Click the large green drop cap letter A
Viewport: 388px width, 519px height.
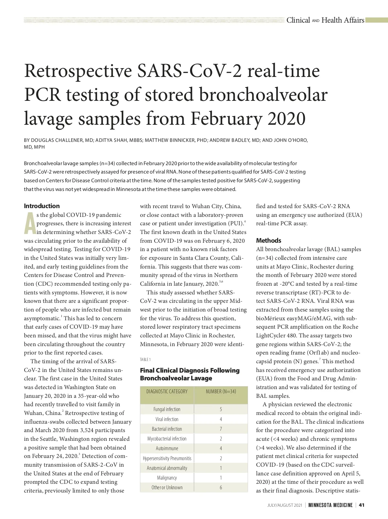pos(30,223)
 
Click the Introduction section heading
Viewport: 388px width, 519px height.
pos(42,206)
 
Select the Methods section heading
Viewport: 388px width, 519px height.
pos(268,240)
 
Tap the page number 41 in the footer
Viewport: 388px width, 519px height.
pos(362,505)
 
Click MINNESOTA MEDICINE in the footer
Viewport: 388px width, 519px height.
pos(330,505)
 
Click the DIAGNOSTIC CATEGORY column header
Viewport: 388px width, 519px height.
pos(167,391)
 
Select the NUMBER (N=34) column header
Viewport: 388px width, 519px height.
pos(221,391)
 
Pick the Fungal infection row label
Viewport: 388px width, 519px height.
pos(167,409)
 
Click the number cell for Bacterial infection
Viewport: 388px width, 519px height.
pos(221,429)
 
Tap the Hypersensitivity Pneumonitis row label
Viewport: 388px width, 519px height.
pos(167,458)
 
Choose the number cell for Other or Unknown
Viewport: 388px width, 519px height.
pos(221,487)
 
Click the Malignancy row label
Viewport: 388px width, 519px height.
pos(167,478)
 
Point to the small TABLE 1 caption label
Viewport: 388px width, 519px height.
pos(145,360)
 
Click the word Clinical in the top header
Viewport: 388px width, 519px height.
pos(298,20)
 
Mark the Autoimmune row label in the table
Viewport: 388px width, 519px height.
pos(167,449)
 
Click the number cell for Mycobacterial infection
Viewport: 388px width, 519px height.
pos(221,439)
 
